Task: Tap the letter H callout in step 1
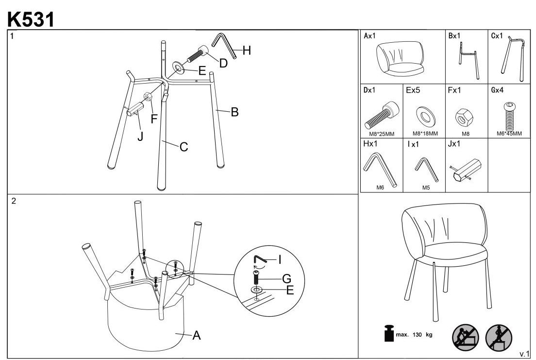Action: pyautogui.click(x=247, y=51)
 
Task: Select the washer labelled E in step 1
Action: pyautogui.click(x=178, y=67)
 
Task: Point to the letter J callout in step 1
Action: pyautogui.click(x=140, y=136)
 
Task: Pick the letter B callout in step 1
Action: pyautogui.click(x=234, y=112)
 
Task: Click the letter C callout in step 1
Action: pyautogui.click(x=184, y=147)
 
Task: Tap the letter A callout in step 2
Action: pyautogui.click(x=196, y=335)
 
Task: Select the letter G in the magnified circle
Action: pyautogui.click(x=286, y=279)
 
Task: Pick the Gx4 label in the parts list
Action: pyautogui.click(x=498, y=90)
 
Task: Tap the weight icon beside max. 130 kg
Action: pyautogui.click(x=388, y=334)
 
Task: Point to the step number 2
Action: pyautogui.click(x=14, y=201)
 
